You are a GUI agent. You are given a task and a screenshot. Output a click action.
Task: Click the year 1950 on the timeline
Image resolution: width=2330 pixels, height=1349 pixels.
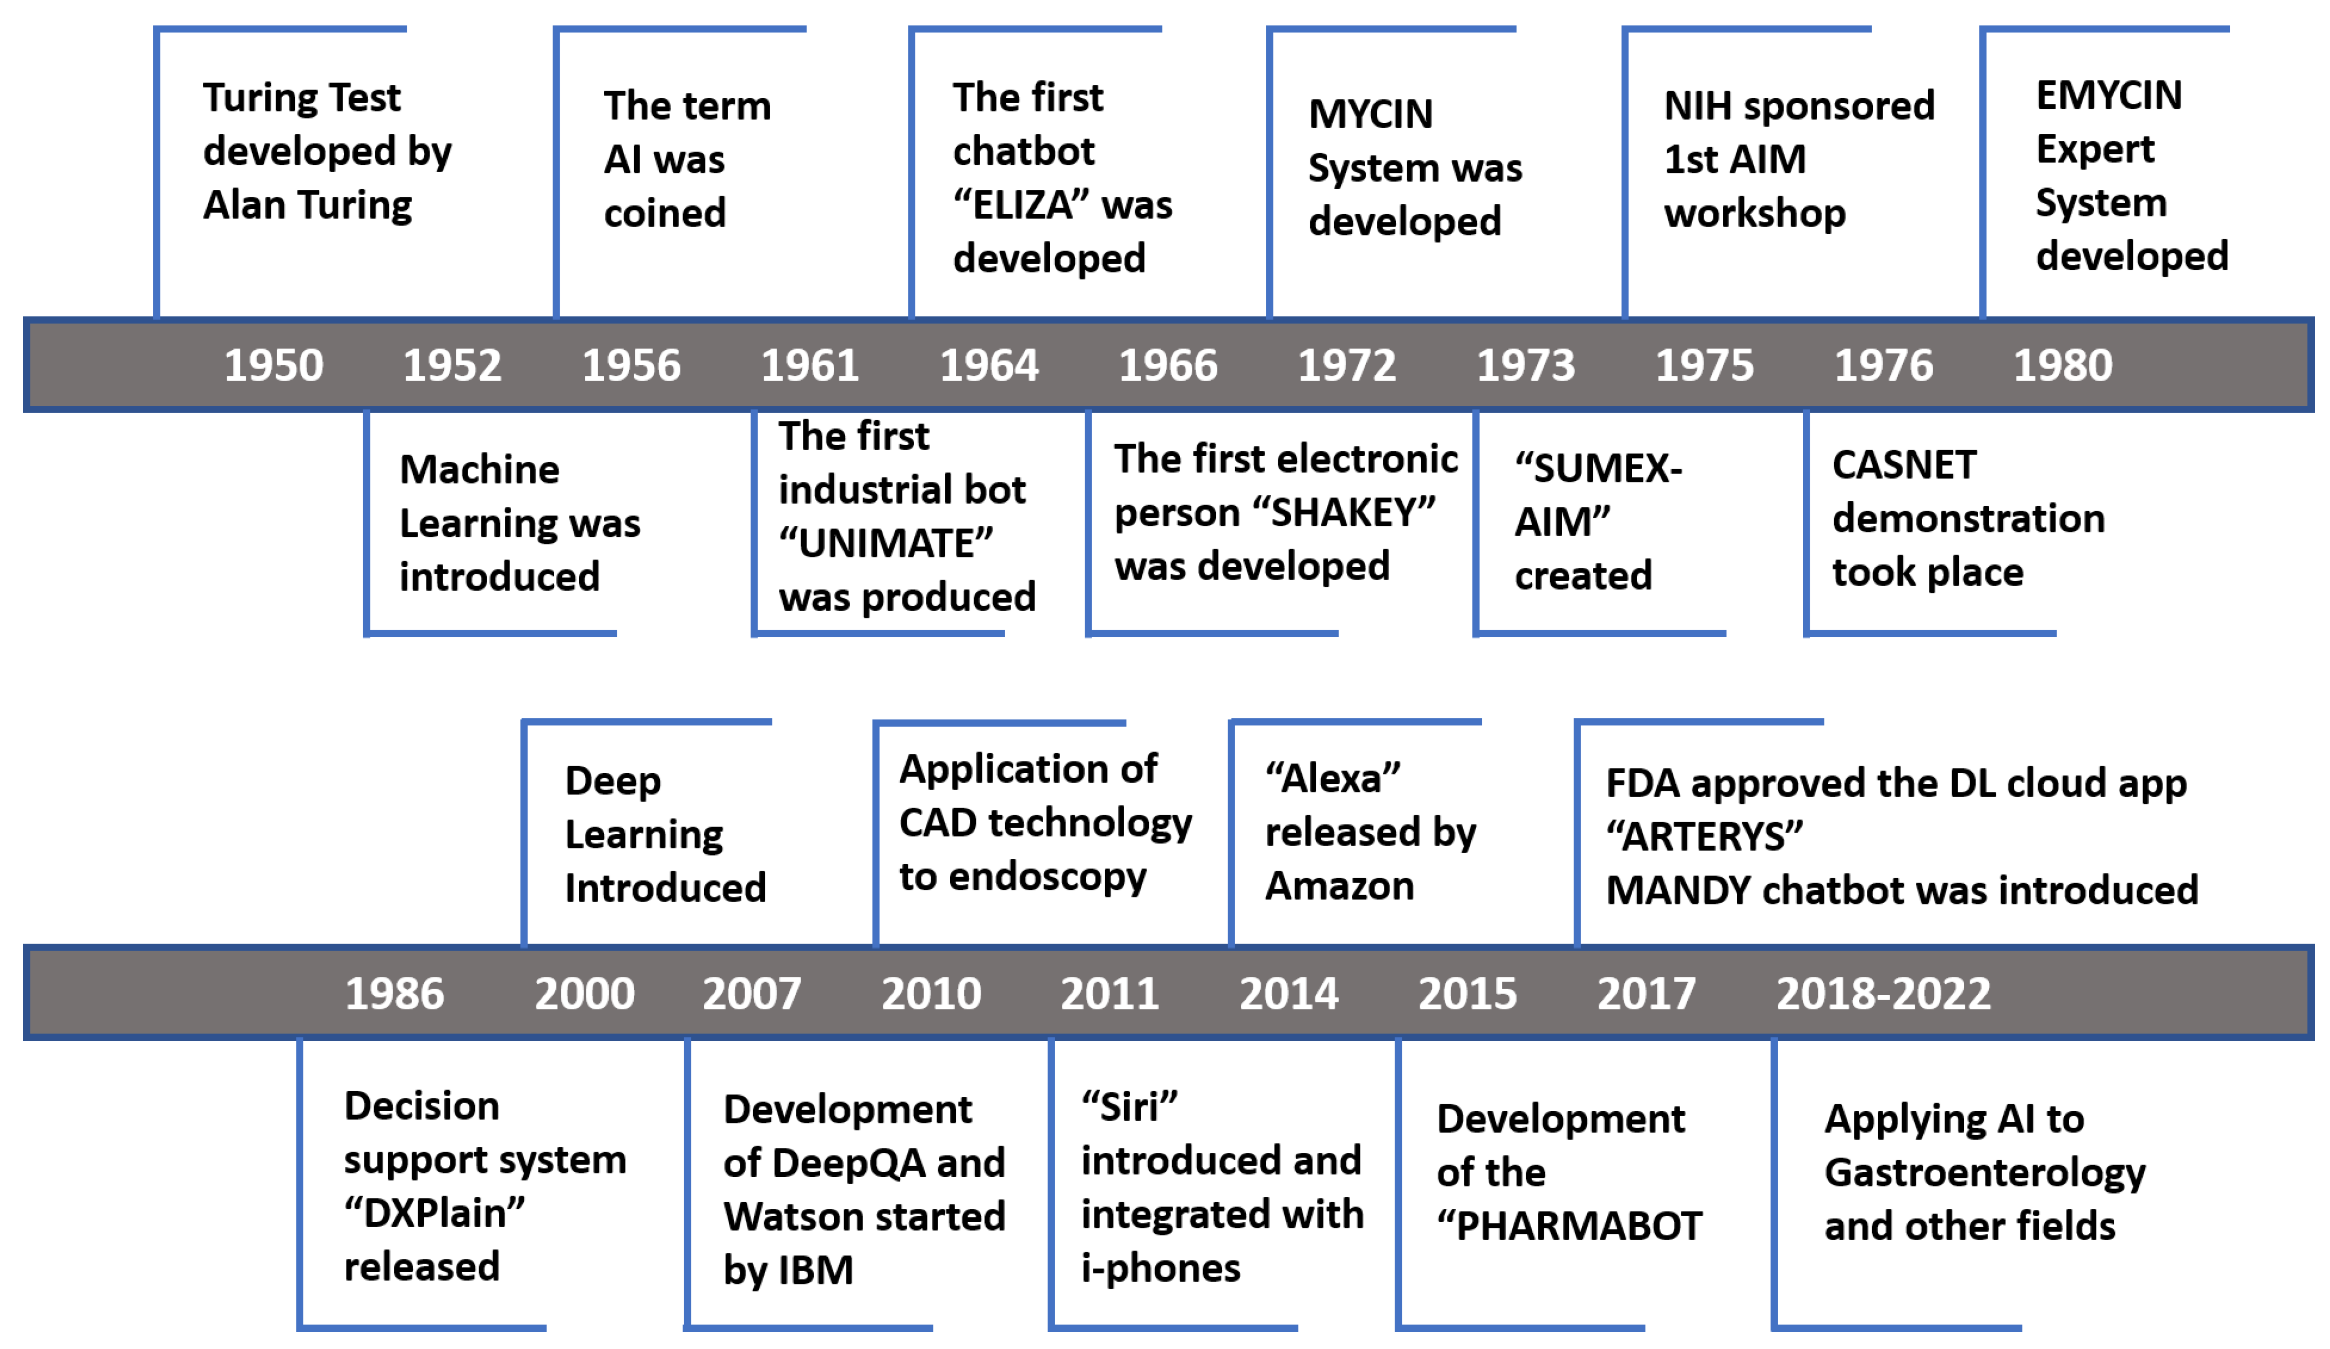[x=273, y=365]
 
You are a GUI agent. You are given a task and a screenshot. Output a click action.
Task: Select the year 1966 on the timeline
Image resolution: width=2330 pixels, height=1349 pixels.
[x=1168, y=365]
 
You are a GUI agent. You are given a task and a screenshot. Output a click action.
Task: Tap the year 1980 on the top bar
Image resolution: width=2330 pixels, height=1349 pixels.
[x=2063, y=365]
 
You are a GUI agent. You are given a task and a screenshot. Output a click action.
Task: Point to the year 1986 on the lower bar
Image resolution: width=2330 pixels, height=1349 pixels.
[x=395, y=994]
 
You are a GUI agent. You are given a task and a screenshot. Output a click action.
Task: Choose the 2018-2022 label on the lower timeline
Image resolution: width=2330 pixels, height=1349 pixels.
[x=1883, y=994]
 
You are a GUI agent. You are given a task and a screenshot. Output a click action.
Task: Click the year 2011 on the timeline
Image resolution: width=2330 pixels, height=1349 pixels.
[x=1109, y=994]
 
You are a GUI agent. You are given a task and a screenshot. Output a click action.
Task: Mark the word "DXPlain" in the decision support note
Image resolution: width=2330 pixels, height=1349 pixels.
[x=434, y=1213]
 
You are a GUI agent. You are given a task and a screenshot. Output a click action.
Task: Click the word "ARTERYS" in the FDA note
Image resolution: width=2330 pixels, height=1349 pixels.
[x=1704, y=837]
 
